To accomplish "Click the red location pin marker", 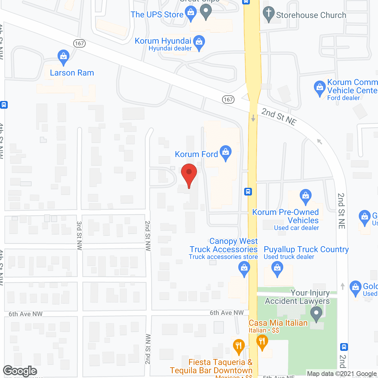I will pos(189,174).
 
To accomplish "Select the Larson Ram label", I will pos(72,73).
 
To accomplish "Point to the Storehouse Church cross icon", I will pos(268,13).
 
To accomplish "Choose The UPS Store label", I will pos(157,14).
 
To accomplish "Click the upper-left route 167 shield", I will pos(79,43).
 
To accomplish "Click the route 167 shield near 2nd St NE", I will pos(228,100).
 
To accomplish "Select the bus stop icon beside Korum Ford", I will pos(248,192).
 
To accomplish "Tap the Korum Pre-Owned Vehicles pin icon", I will pos(305,196).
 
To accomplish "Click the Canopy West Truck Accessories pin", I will pos(244,269).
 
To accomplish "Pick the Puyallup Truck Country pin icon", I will pos(277,269).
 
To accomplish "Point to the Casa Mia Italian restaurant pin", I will pos(262,342).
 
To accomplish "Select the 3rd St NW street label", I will pos(79,236).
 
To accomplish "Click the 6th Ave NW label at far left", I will pos(25,314).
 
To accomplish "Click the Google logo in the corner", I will pos(20,371).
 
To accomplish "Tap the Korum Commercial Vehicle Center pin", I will pos(320,88).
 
